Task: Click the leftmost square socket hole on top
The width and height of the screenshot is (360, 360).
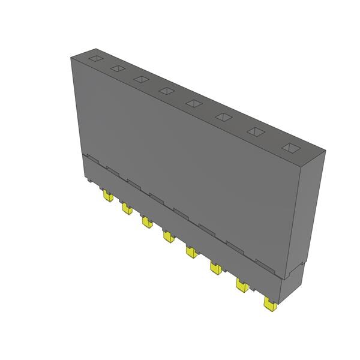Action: tap(95, 59)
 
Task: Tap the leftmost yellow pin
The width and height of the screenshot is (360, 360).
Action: tap(107, 196)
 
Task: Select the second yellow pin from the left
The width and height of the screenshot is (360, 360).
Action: tap(126, 209)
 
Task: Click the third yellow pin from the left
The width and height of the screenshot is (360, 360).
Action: tap(146, 222)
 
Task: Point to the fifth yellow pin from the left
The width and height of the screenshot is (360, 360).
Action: tap(190, 251)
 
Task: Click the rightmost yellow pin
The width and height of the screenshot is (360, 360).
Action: tap(269, 304)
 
